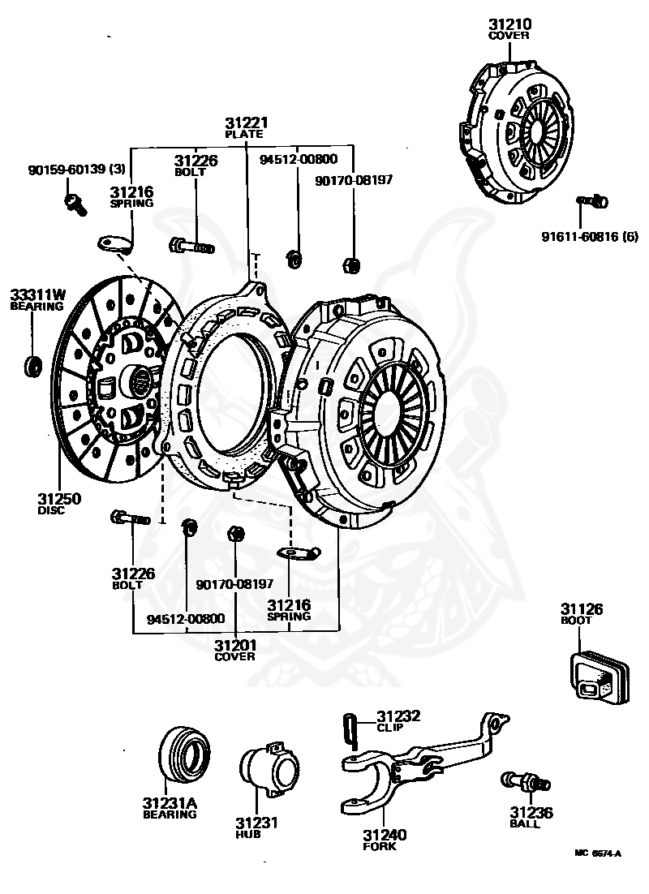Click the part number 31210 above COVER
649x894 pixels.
[x=509, y=24]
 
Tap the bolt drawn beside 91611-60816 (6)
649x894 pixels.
[x=592, y=200]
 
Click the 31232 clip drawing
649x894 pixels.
[x=350, y=725]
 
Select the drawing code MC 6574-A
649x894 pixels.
[x=597, y=853]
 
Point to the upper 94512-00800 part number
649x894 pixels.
[x=298, y=159]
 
